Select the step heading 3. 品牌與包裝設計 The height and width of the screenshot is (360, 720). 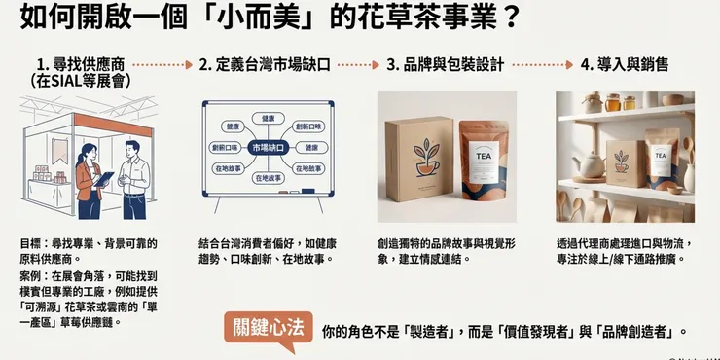445,66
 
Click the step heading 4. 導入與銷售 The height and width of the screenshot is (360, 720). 624,66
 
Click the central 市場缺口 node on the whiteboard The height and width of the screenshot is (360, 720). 268,147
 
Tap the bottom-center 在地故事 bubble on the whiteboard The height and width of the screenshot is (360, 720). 268,178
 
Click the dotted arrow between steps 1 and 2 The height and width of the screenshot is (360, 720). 162,66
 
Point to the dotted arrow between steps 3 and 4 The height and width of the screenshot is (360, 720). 542,66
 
